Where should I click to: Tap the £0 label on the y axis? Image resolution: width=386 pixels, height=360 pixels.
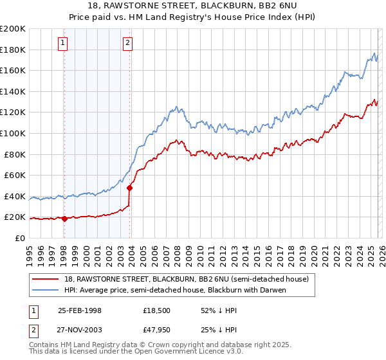tap(19, 238)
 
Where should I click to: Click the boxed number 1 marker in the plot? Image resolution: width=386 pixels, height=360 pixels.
tap(63, 43)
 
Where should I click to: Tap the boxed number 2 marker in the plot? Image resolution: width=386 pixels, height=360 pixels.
tap(127, 43)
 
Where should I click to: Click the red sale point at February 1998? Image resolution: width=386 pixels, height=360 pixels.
tap(64, 219)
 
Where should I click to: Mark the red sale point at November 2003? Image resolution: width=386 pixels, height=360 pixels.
tap(130, 188)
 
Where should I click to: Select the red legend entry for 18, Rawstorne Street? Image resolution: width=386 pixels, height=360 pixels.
tap(187, 279)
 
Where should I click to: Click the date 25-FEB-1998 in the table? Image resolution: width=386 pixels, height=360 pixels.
tap(80, 310)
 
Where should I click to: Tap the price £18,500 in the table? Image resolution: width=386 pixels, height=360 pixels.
tap(156, 310)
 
